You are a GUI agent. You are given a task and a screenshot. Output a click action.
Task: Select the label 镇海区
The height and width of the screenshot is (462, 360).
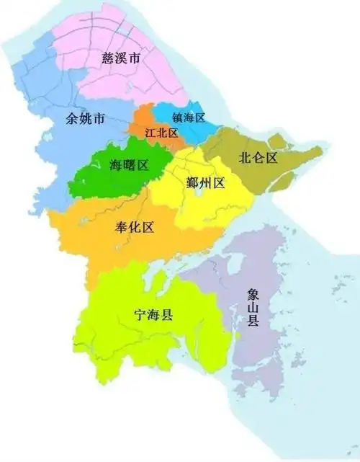click(189, 117)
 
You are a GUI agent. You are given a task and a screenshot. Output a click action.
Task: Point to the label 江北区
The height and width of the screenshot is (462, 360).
click(161, 133)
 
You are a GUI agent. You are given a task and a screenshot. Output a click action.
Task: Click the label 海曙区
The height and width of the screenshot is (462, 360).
click(129, 165)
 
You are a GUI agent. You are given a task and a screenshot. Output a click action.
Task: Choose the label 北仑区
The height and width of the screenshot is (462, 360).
click(258, 157)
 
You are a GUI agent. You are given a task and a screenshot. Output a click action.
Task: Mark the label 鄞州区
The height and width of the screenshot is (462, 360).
click(205, 182)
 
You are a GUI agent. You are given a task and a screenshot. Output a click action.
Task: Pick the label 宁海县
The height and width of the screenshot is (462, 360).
click(156, 314)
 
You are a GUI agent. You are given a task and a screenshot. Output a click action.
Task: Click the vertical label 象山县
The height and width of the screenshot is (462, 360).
click(253, 307)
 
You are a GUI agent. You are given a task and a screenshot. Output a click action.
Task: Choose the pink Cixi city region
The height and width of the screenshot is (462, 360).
click(144, 79)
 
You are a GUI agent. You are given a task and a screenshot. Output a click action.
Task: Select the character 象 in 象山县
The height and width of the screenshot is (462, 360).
click(253, 293)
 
